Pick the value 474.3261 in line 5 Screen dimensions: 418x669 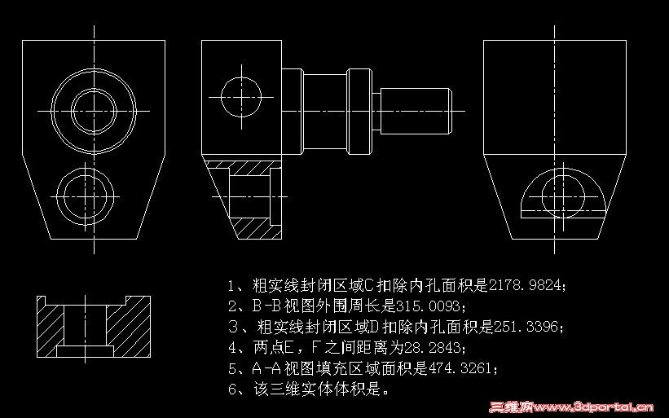click(x=457, y=368)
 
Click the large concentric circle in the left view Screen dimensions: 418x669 click(x=95, y=107)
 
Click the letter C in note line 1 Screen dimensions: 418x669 click(x=366, y=285)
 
